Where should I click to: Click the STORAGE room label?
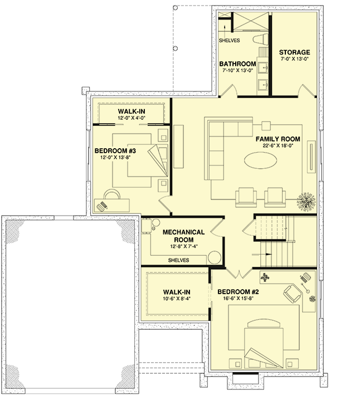294,53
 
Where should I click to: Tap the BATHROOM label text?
237,64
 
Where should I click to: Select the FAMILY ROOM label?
278,139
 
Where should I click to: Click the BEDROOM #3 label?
116,150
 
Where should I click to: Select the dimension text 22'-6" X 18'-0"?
278,147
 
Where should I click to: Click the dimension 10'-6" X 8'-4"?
177,300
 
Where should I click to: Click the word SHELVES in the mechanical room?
178,260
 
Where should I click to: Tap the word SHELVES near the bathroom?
229,41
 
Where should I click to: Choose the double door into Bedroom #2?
238,272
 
